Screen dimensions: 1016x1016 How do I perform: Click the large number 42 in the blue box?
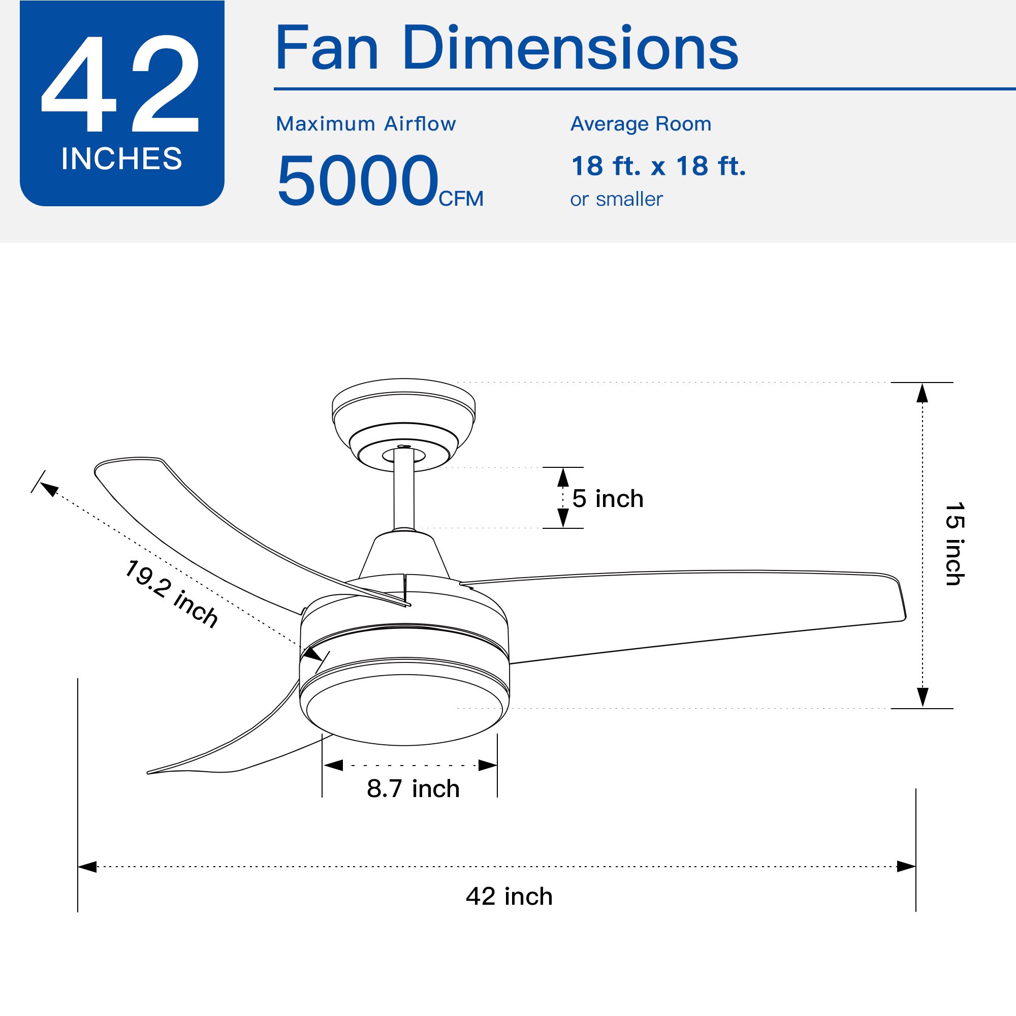[120, 84]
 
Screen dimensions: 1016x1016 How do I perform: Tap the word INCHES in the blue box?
[121, 159]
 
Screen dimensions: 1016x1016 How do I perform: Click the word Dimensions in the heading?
[570, 48]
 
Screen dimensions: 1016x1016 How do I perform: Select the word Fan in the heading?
[327, 48]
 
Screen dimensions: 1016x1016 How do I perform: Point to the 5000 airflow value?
[358, 180]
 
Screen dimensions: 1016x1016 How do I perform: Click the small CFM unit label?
[461, 199]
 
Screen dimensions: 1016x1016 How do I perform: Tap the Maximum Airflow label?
[366, 124]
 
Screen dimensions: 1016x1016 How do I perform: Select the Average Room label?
[641, 124]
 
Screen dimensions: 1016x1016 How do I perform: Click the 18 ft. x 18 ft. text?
[658, 166]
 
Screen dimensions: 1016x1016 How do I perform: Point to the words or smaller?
[616, 199]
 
